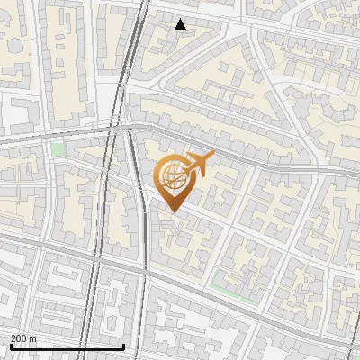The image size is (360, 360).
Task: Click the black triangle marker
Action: [x=181, y=24]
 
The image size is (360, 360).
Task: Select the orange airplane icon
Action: [x=197, y=165]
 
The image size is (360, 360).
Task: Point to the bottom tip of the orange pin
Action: [x=173, y=212]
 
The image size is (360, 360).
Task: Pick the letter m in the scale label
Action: [x=33, y=338]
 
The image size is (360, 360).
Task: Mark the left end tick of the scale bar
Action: [x=11, y=346]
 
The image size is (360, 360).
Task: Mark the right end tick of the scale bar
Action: [x=123, y=346]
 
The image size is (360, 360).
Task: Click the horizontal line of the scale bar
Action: [x=67, y=346]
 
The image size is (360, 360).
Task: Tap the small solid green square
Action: [x=58, y=149]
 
